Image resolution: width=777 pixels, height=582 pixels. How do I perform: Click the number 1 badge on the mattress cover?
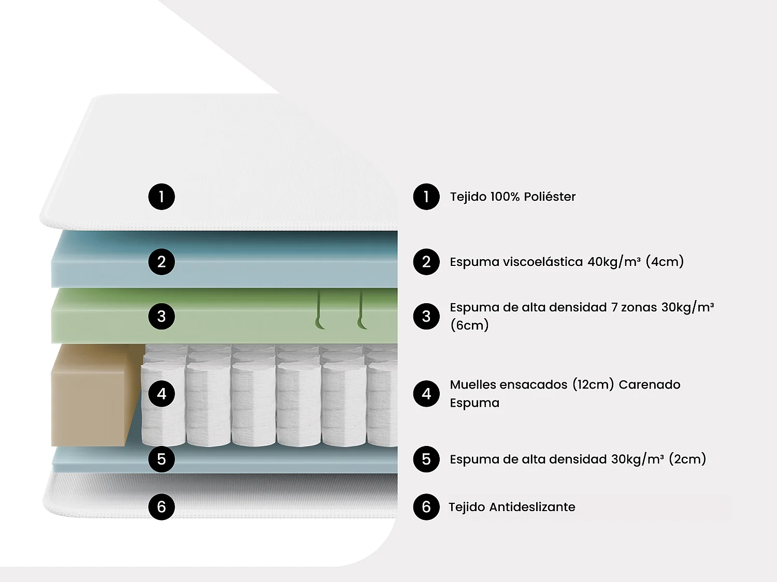coord(162,197)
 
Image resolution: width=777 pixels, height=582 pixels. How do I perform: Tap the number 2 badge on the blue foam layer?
coord(162,262)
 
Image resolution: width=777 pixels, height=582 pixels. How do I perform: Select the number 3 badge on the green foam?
coord(162,316)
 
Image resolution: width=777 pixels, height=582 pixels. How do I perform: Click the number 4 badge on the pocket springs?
coord(162,394)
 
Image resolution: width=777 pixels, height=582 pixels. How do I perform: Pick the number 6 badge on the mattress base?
coord(162,507)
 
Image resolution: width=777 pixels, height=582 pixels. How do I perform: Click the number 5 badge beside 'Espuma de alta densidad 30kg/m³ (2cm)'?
coord(426,459)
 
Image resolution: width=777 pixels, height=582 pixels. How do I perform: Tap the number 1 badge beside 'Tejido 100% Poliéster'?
coord(426,197)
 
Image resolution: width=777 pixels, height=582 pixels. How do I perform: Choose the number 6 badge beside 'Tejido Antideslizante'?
coord(426,507)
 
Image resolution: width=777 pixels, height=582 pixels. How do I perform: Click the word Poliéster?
coord(550,197)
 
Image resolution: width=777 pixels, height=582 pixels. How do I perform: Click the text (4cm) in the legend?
coord(665,262)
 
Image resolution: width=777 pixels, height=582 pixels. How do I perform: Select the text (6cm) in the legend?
coord(469,325)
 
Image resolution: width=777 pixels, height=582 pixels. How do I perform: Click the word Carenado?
coord(649,384)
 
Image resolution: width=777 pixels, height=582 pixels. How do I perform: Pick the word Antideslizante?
coord(532,507)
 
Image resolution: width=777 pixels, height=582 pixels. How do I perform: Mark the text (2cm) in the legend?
coord(687,459)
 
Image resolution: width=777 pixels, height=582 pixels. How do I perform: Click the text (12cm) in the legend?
coord(593,384)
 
